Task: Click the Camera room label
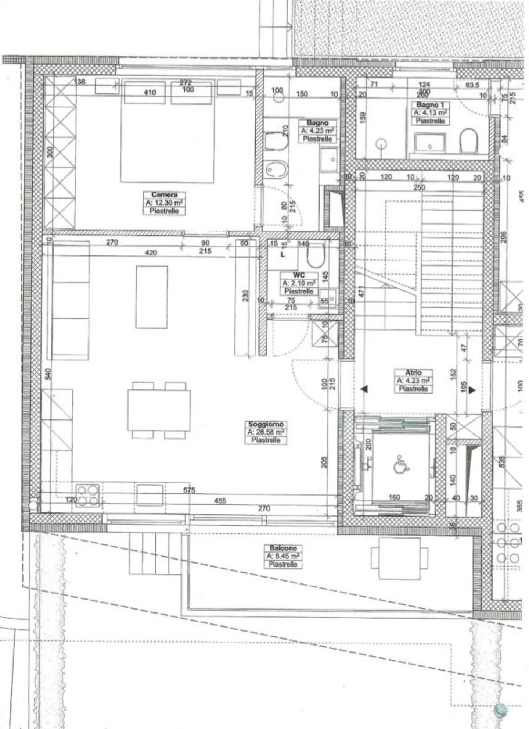click(x=164, y=194)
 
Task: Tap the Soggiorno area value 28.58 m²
click(x=266, y=432)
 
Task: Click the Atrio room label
click(x=413, y=372)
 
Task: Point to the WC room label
click(x=299, y=275)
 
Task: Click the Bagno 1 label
click(x=430, y=105)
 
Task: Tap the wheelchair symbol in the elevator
click(x=402, y=466)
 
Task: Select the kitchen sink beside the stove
click(x=150, y=494)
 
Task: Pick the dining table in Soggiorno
click(x=159, y=410)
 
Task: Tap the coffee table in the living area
click(x=152, y=297)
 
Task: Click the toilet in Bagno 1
click(x=469, y=141)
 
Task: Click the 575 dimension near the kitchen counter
click(x=189, y=490)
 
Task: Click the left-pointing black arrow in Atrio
click(x=364, y=389)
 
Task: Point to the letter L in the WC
click(x=282, y=254)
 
